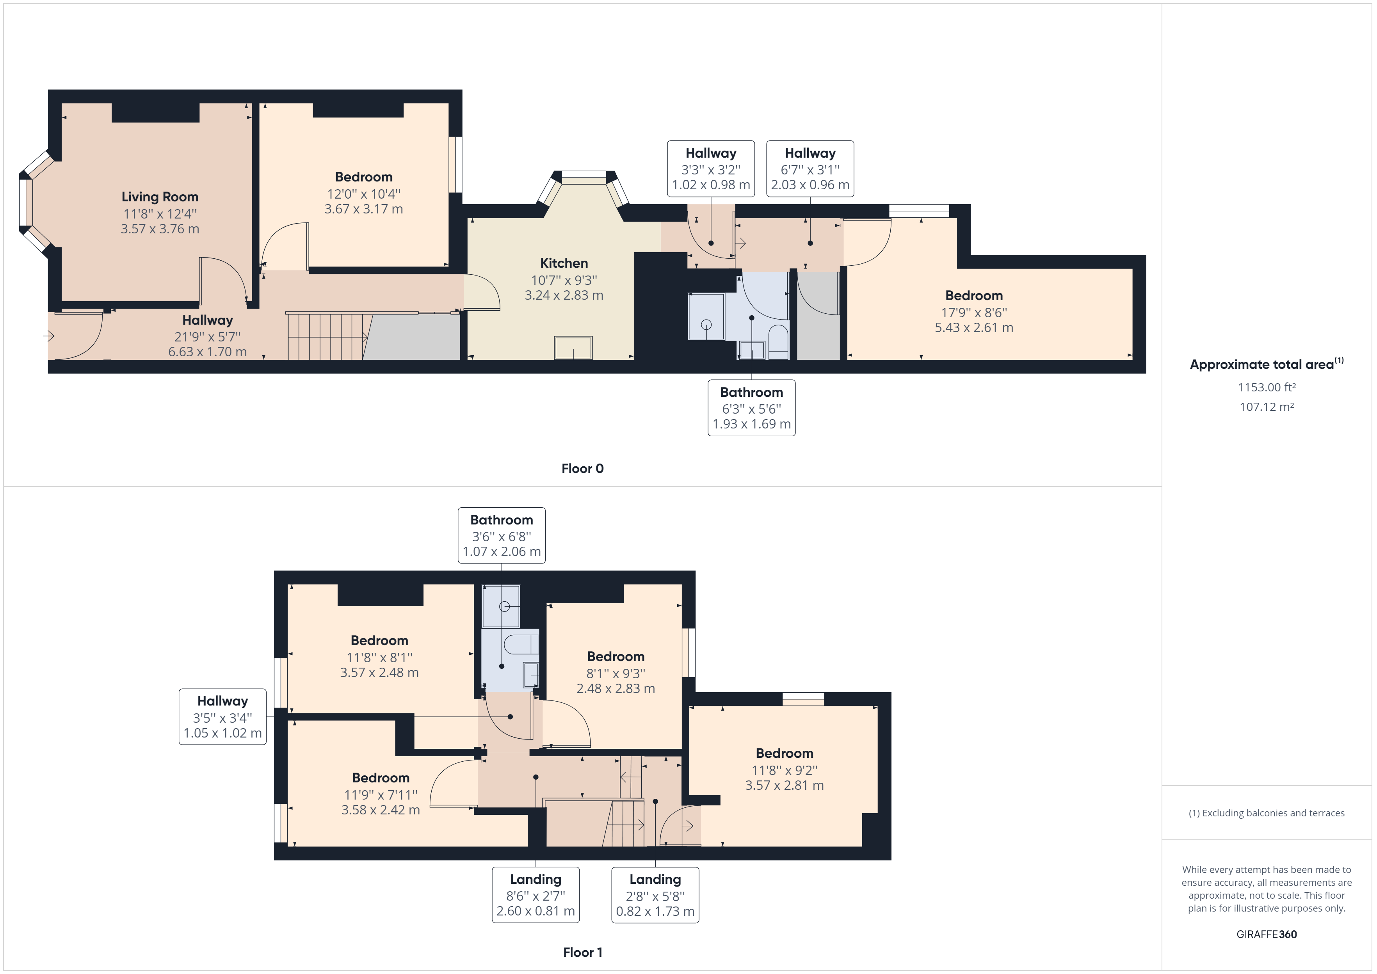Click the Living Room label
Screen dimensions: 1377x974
point(160,197)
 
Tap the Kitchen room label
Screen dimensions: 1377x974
point(564,263)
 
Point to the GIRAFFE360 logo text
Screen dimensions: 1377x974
point(1267,934)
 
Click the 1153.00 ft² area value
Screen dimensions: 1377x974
point(1267,387)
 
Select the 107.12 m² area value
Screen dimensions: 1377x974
point(1267,407)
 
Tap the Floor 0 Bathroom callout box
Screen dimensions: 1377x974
point(751,408)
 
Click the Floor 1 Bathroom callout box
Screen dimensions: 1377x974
point(502,535)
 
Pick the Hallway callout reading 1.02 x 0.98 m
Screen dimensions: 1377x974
point(711,169)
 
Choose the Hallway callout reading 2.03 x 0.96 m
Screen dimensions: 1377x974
point(810,169)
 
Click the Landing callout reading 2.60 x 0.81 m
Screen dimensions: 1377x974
point(535,895)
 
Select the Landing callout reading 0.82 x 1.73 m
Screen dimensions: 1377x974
point(655,895)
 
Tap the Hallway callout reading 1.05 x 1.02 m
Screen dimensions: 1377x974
point(222,717)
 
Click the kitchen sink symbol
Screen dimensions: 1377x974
point(573,348)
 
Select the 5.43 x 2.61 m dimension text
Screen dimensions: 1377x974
point(974,327)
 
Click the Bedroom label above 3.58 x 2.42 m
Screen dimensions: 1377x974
point(381,778)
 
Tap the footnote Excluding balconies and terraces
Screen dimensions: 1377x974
point(1267,813)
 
